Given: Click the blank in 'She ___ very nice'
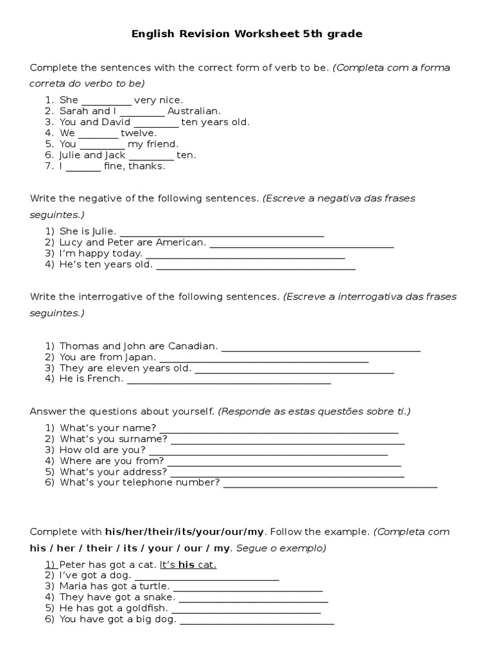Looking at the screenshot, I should pyautogui.click(x=107, y=101).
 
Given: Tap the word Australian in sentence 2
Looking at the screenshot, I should pyautogui.click(x=193, y=111).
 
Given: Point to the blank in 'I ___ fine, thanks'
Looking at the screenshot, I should pyautogui.click(x=83, y=167).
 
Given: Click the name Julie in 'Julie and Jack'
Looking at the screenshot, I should pyautogui.click(x=71, y=155).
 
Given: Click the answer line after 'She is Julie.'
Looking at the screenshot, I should pyautogui.click(x=222, y=234).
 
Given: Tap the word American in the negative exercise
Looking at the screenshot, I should pyautogui.click(x=184, y=243).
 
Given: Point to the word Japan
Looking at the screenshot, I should pyautogui.click(x=143, y=357).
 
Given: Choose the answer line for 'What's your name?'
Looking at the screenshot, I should pyautogui.click(x=279, y=431).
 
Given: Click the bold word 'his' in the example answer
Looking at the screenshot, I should pyautogui.click(x=186, y=565).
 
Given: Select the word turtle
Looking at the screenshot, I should pyautogui.click(x=154, y=586).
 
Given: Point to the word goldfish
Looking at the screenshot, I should pyautogui.click(x=145, y=608).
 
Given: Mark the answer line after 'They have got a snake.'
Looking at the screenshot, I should pyautogui.click(x=254, y=599).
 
